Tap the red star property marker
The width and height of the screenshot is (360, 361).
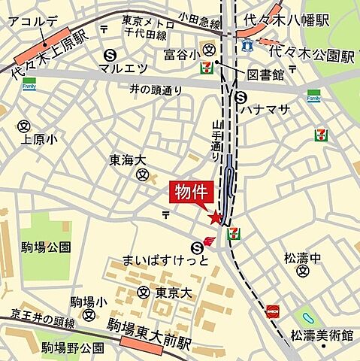click(x=216, y=218)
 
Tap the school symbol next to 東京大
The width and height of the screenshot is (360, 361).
click(x=143, y=293)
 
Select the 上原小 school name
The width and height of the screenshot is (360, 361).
click(x=39, y=140)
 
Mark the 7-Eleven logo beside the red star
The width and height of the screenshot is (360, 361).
click(x=234, y=232)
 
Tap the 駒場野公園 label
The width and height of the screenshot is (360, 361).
click(x=73, y=347)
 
